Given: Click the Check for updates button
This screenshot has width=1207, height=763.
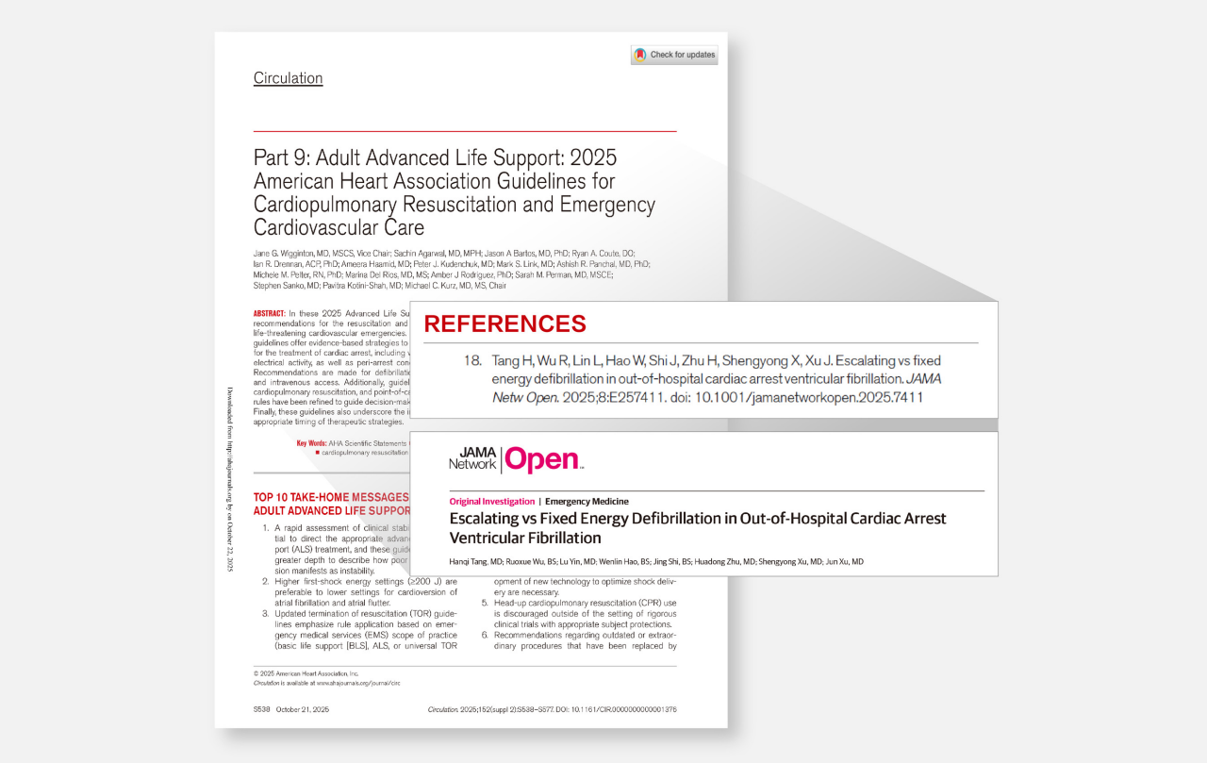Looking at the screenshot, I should (674, 55).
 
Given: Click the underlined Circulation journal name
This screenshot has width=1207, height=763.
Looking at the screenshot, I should (288, 78).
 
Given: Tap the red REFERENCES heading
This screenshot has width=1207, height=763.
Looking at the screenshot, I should (504, 324).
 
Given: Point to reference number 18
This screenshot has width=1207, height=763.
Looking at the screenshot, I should (472, 360).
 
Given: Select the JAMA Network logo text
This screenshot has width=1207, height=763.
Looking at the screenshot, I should (472, 459).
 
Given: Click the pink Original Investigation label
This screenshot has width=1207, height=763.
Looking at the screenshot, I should (491, 502).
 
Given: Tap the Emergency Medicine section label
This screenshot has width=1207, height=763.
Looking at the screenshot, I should (587, 502).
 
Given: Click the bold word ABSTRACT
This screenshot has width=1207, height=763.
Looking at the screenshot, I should (270, 313).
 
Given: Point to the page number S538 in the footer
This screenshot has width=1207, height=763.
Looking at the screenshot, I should (261, 709).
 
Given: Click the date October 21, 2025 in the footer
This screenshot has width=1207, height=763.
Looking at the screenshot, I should (303, 709).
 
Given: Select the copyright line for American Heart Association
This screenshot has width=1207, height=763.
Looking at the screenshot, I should (306, 673).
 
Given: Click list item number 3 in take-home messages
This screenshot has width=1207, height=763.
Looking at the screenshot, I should (266, 614).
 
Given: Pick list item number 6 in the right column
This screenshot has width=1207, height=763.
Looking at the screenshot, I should (485, 635).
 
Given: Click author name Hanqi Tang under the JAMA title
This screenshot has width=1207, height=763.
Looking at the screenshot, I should (472, 562).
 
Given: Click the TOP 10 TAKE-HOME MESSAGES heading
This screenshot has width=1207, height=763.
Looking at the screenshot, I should (331, 497).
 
